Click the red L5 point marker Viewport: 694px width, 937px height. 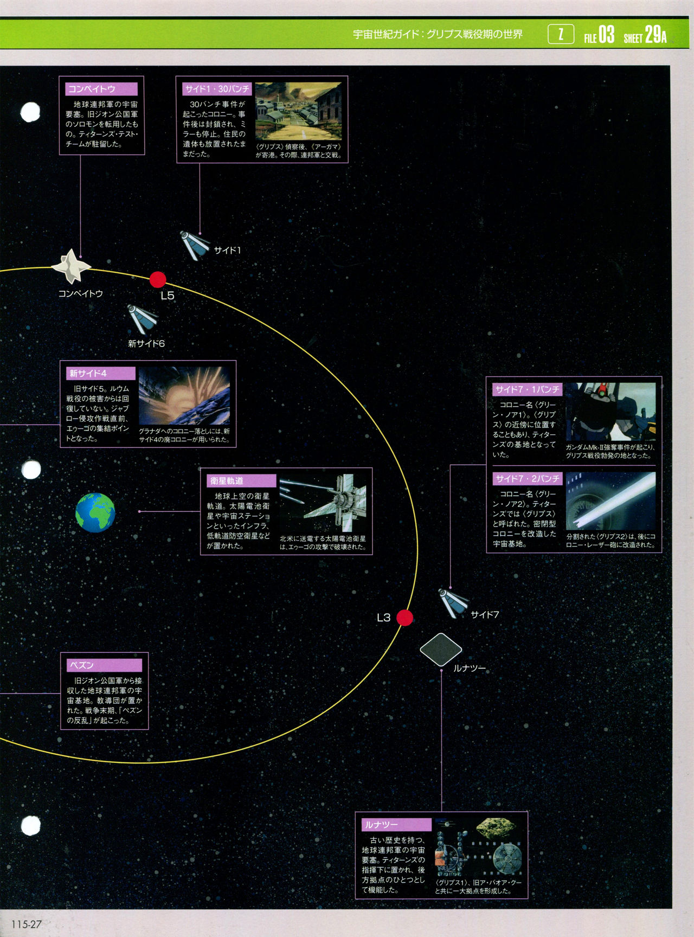[158, 280]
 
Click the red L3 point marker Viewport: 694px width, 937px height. [404, 618]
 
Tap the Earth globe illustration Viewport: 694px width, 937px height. [95, 512]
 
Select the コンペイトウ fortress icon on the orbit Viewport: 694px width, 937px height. [71, 266]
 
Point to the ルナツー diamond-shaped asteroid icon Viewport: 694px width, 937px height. [441, 649]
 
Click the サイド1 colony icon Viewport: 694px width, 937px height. [194, 245]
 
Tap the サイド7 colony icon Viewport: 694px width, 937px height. [453, 603]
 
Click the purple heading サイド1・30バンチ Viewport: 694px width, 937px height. [217, 89]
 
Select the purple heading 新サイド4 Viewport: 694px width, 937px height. [101, 374]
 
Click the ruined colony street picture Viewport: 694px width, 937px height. [298, 111]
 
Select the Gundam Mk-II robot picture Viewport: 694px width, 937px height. [611, 412]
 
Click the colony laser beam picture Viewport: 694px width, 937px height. [611, 500]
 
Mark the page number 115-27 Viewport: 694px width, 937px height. [26, 924]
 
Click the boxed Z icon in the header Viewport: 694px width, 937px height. [561, 35]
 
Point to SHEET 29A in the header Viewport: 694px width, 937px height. [645, 35]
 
